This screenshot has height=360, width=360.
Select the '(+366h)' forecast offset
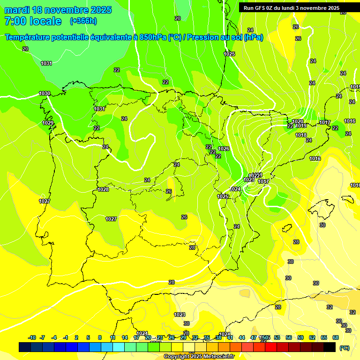coord(83,21)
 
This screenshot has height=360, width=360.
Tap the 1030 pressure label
coord(45,93)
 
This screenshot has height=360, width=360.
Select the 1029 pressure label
coord(48,123)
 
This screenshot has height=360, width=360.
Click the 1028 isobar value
coord(103,189)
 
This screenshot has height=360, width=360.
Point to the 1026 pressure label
coord(224,149)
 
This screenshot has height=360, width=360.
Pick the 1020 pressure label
coord(298,121)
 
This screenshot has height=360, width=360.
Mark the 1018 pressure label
coord(301,135)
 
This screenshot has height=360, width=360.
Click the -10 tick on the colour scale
coord(32,337)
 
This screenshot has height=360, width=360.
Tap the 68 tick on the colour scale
coord(336,337)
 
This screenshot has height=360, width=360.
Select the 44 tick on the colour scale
coord(242,337)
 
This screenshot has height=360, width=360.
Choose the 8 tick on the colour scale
coord(100,337)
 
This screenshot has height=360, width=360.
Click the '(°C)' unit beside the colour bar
coord(345,348)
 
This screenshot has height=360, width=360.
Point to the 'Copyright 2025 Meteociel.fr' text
coord(199,356)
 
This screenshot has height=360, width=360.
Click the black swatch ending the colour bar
coord(330,347)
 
